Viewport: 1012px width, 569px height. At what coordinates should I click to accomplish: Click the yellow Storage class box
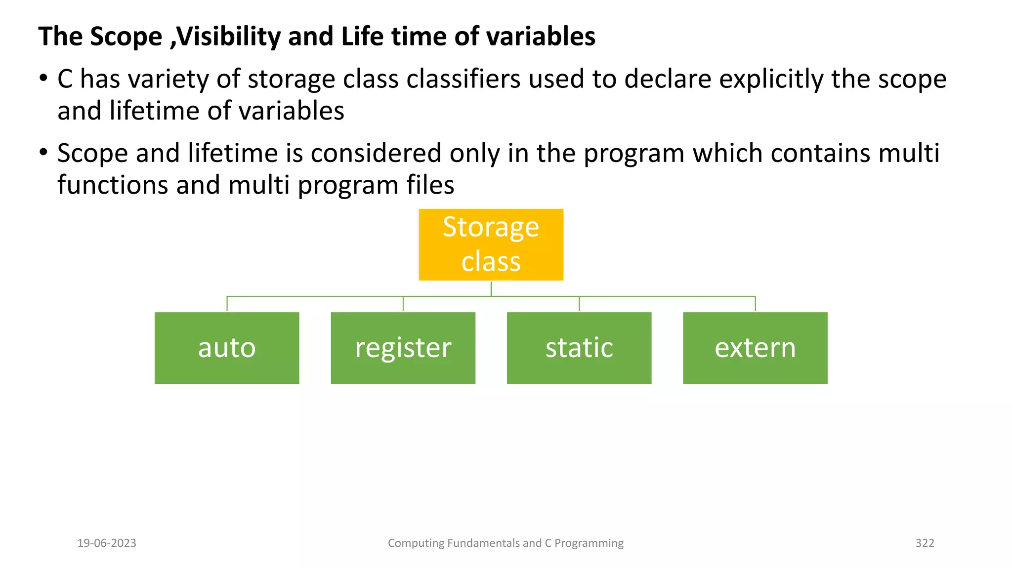pos(491,244)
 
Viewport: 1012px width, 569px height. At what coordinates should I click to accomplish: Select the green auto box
pos(227,348)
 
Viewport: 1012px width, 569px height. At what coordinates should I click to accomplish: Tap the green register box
pos(403,348)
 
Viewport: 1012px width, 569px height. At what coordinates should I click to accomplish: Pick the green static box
pos(579,348)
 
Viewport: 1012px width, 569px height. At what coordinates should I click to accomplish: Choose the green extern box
pos(755,348)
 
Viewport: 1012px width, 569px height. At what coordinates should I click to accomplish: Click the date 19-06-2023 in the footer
pos(107,543)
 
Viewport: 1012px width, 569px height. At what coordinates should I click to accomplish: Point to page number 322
pos(925,543)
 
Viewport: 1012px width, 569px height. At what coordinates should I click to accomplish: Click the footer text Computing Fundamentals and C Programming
pos(506,543)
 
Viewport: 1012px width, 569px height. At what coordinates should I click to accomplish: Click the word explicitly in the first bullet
pos(771,80)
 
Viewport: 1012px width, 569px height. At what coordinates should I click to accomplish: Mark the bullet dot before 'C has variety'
pos(43,78)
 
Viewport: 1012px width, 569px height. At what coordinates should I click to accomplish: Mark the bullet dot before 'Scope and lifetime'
pos(43,152)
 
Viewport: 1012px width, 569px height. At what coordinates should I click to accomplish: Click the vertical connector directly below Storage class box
pos(491,288)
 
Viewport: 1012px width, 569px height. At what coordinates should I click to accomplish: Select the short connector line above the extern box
pos(755,304)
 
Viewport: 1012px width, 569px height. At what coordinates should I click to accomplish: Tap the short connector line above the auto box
pos(227,304)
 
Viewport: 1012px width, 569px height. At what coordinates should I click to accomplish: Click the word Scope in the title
pos(126,37)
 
